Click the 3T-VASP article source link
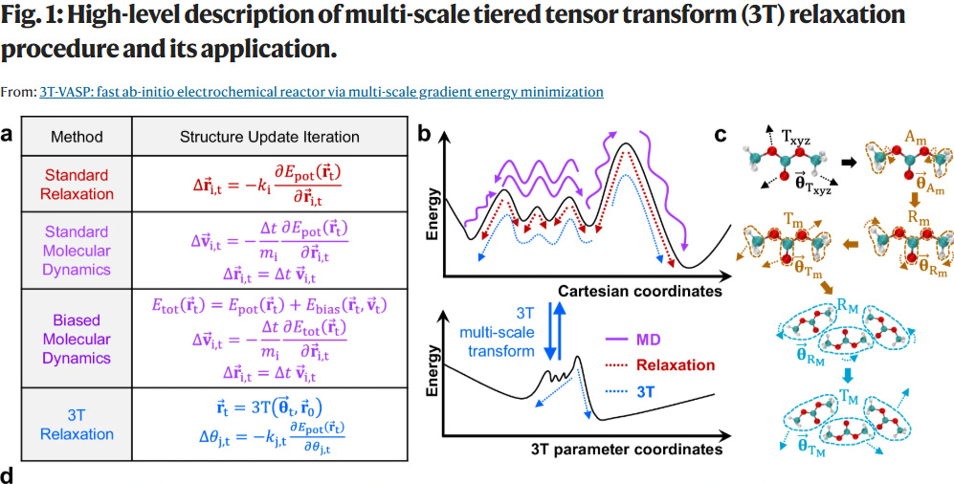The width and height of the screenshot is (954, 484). (321, 92)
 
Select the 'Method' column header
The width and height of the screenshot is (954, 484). (77, 137)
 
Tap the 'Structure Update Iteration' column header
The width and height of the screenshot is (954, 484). (270, 137)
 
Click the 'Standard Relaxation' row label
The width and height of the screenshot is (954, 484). (77, 185)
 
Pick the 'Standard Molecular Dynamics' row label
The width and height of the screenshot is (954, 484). (77, 251)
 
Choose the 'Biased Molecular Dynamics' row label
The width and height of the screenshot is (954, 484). (77, 339)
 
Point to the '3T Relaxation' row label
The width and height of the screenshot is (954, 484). (77, 424)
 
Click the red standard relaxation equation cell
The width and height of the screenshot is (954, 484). (270, 185)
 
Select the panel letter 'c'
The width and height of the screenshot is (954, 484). (721, 135)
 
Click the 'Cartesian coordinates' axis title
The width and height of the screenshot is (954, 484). (637, 290)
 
